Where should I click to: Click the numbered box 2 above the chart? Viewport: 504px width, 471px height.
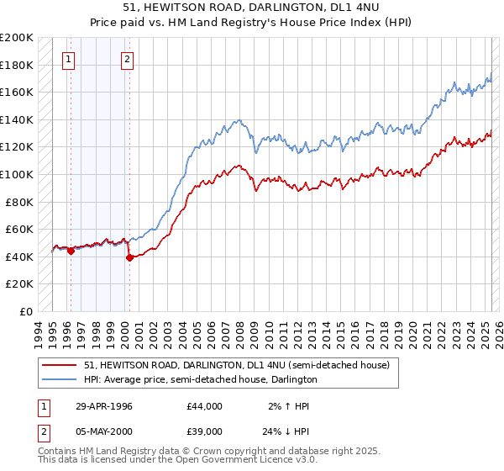click(x=127, y=59)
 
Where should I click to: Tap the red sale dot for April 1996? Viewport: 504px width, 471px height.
click(x=71, y=251)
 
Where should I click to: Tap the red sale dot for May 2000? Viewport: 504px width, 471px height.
click(x=129, y=258)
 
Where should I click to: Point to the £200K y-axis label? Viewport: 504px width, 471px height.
click(x=18, y=38)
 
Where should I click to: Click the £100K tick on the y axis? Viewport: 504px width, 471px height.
click(x=18, y=174)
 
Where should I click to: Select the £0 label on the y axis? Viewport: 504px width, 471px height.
click(x=26, y=311)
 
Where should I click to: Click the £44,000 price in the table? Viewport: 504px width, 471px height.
click(x=205, y=406)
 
